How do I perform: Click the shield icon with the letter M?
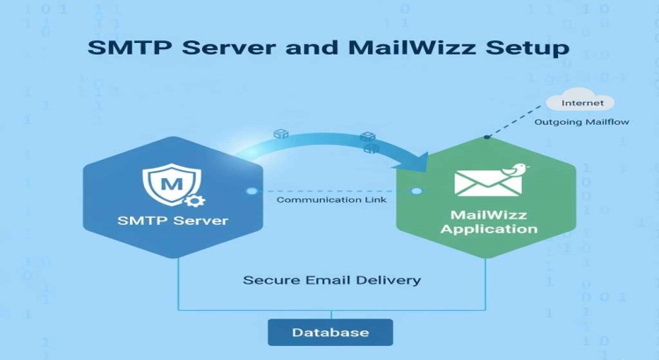(172, 185)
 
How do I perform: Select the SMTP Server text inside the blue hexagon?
(173, 220)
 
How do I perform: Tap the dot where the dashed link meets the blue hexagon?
(252, 191)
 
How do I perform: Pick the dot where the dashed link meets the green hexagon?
(416, 191)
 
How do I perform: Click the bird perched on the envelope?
(518, 169)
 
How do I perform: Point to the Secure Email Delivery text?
(331, 280)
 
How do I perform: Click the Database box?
(330, 333)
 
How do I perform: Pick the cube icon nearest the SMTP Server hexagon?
(281, 134)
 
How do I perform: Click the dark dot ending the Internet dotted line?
(487, 136)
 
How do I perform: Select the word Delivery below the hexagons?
(389, 280)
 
